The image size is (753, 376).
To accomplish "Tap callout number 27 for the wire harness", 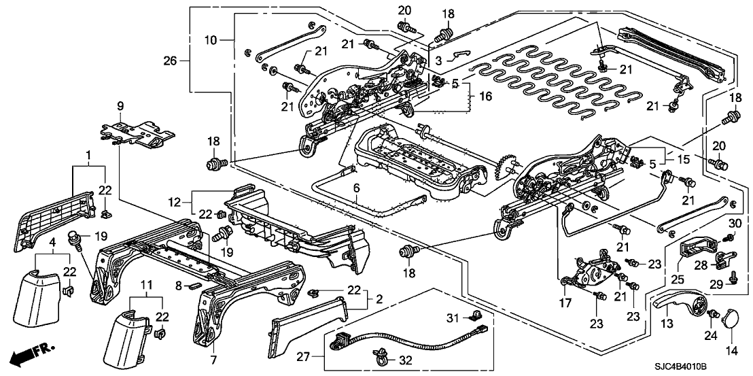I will pyautogui.click(x=302, y=355).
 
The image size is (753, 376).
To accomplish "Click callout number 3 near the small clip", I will pyautogui.click(x=439, y=61).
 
